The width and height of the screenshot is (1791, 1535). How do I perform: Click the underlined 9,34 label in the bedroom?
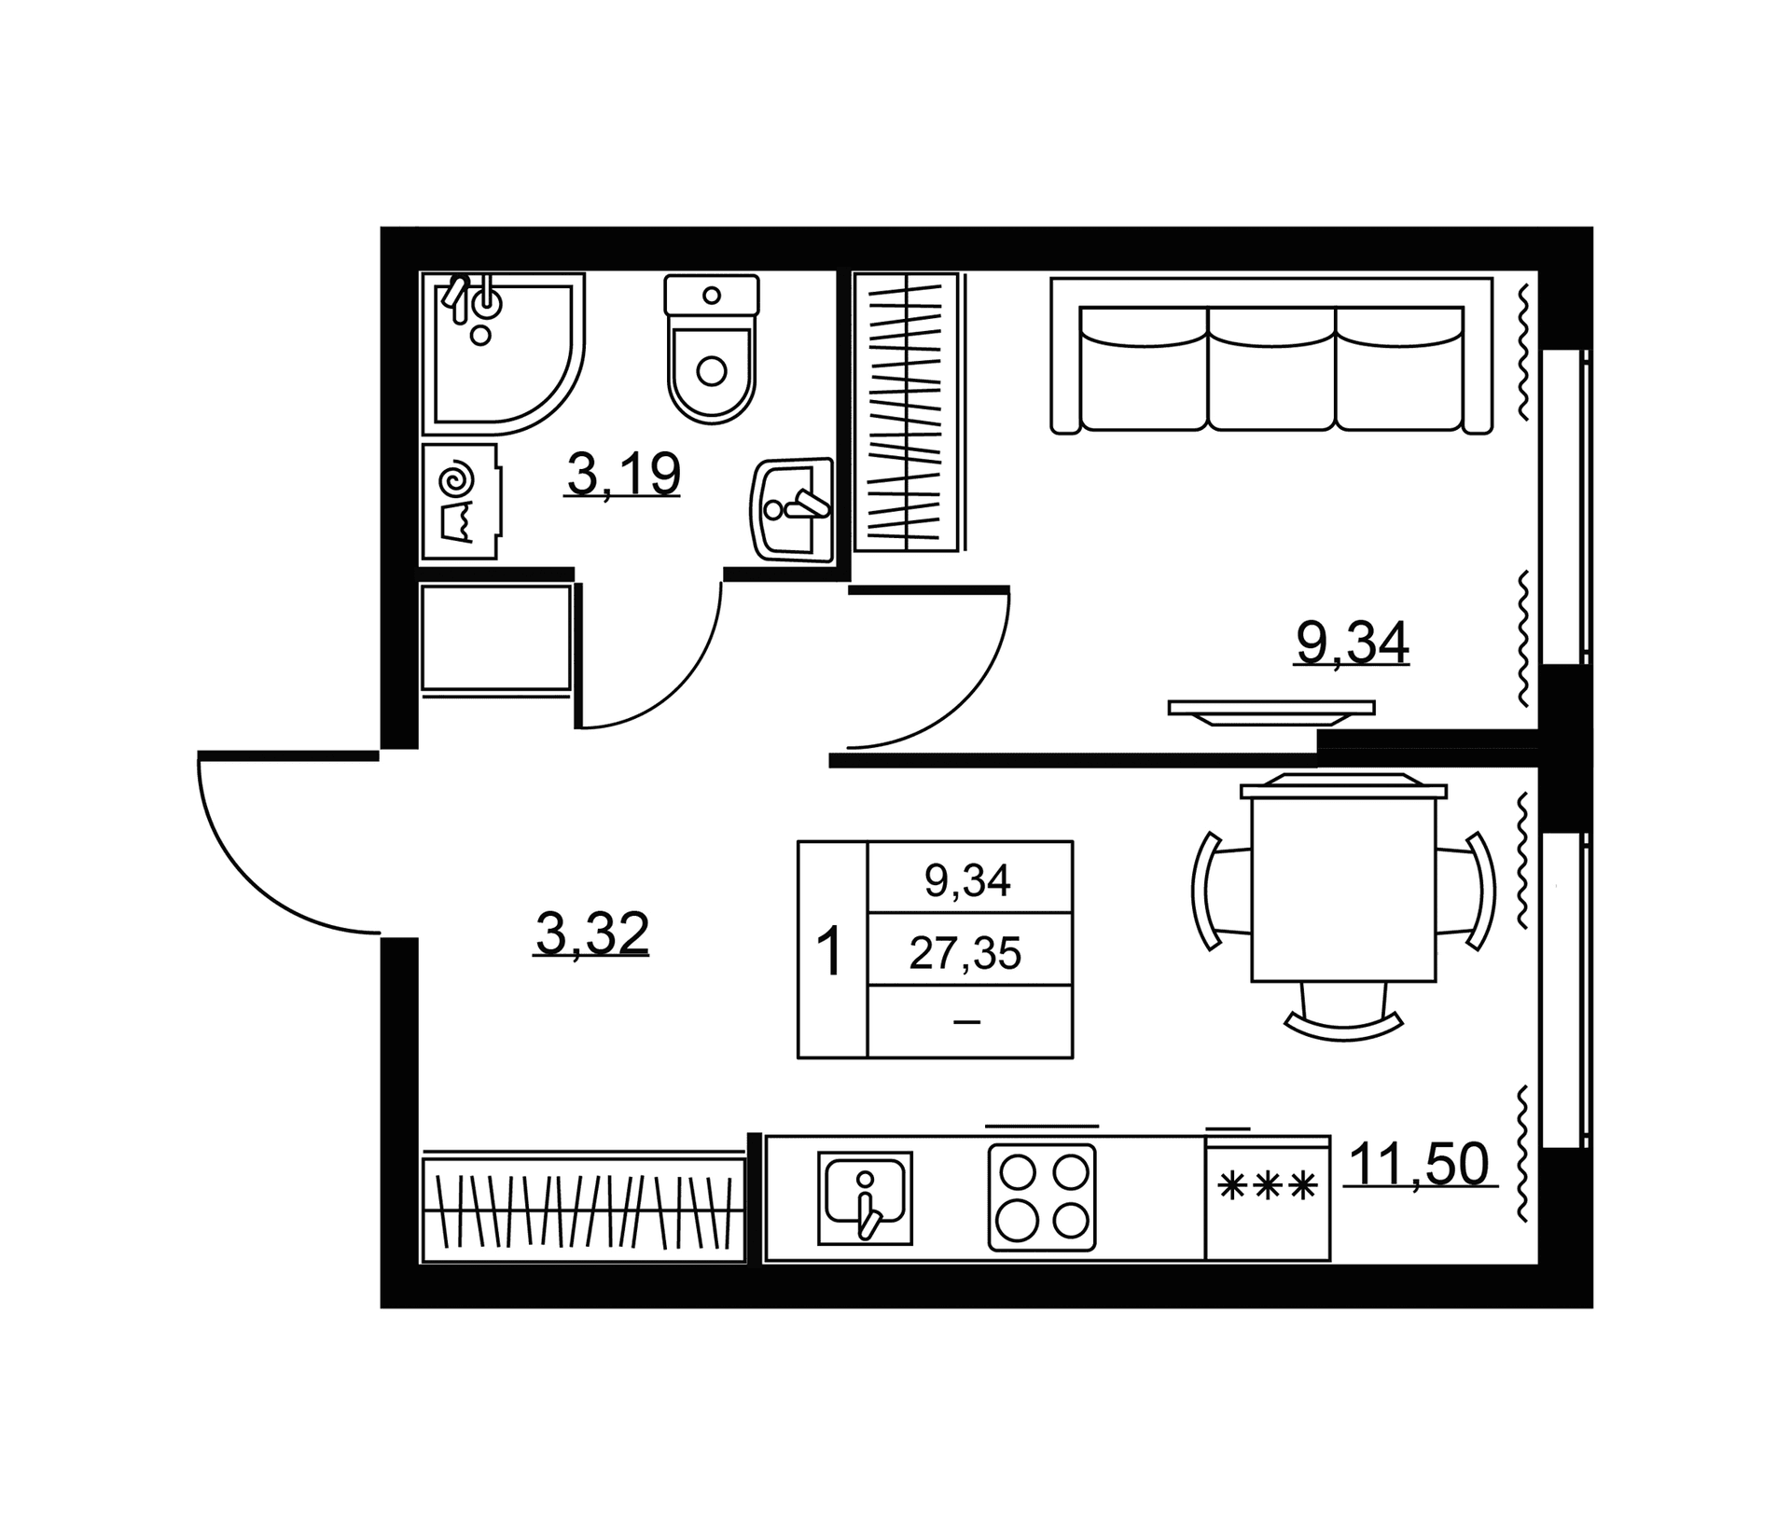coord(1352,643)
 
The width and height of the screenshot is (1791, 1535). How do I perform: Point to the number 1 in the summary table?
coord(829,952)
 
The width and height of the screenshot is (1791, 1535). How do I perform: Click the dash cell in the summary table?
coord(967,1022)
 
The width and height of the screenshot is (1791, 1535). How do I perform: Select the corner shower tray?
coord(503,353)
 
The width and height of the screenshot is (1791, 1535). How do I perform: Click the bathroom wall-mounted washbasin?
coord(791,509)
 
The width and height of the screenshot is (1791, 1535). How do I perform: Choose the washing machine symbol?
coord(461,502)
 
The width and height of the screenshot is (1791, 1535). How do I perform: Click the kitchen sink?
coord(865,1198)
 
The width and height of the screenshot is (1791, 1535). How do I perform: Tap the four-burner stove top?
coord(1042,1197)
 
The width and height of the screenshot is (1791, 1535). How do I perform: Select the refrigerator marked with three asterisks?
coord(1268,1198)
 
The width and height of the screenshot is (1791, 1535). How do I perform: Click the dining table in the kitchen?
coord(1343,883)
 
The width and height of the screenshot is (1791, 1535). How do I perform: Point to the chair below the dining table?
coord(1343,1011)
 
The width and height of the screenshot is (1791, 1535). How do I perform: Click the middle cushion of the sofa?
coord(1271,368)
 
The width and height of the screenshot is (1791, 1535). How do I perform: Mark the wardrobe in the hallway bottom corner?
coord(583,1210)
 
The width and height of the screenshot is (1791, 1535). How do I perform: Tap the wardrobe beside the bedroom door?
coord(908,411)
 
